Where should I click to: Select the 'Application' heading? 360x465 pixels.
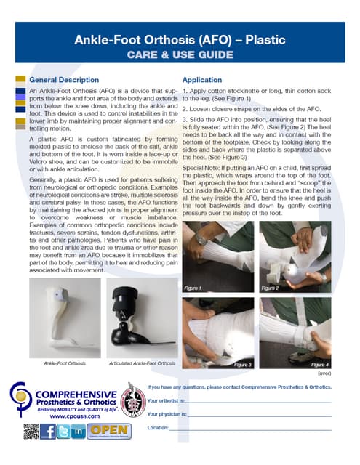coord(202,80)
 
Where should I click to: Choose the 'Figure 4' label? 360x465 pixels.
coord(320,363)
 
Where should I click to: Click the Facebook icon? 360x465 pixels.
coord(49,431)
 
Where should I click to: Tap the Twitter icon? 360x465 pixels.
coord(64,431)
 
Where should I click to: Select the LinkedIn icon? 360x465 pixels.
coord(79,431)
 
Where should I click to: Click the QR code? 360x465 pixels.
coord(31,431)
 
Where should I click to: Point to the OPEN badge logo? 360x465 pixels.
coord(109,431)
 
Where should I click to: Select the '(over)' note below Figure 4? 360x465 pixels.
coord(324,372)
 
